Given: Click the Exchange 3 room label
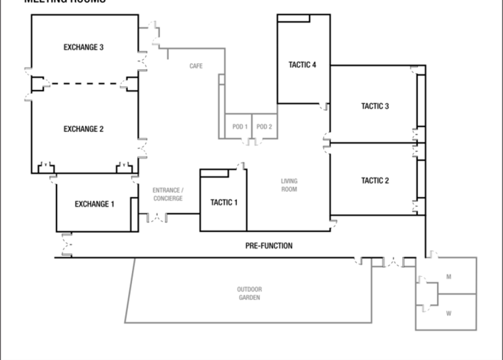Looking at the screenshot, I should click(84, 47).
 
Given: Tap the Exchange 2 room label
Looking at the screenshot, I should click(84, 129).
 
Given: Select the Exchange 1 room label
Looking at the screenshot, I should click(94, 204).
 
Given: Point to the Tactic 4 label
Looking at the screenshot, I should click(302, 65).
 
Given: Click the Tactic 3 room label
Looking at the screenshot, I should click(375, 106).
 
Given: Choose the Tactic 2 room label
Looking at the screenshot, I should click(375, 181).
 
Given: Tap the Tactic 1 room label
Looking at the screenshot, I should click(223, 203).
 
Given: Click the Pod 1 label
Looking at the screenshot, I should click(240, 127).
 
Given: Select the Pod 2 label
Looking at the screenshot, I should click(264, 127).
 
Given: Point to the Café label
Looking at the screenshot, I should click(196, 65).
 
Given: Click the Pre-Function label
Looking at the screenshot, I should click(269, 246).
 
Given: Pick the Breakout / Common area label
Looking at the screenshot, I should click(168, 194).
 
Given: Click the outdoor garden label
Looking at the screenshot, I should click(249, 293).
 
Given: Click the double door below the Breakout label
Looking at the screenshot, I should click(157, 218).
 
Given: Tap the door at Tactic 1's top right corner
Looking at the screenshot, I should click(240, 166).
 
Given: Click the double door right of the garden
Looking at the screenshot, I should click(394, 262).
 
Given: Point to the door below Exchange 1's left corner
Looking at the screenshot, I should click(66, 243).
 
